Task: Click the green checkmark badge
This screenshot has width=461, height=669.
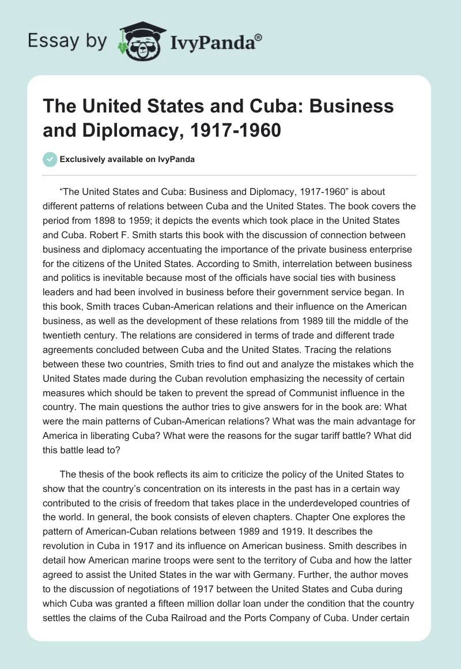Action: pos(51,160)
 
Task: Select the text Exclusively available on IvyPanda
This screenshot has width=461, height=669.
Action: pos(127,160)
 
